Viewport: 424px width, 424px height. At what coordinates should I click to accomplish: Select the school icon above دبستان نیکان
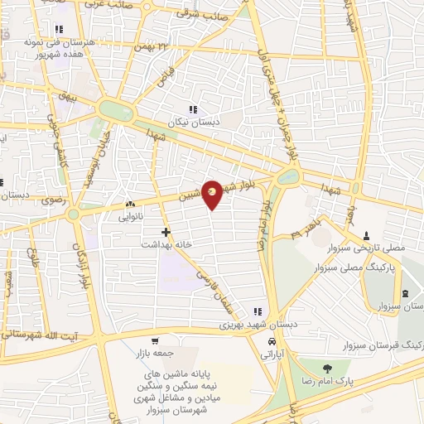193,109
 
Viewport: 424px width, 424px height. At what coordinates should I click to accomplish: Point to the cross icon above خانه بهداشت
166,233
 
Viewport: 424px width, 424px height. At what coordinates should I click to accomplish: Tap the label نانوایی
131,217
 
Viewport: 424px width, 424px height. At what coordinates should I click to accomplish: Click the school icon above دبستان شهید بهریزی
258,311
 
